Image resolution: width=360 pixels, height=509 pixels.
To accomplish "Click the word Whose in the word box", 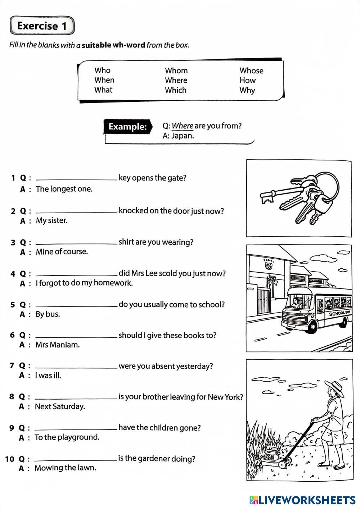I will (251, 71).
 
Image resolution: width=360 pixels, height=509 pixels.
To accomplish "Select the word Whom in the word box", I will (176, 71).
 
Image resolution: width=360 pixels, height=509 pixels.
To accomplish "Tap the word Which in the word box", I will (176, 90).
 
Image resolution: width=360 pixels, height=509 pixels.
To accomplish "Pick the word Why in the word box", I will (247, 90).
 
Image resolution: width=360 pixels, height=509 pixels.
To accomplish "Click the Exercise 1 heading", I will (42, 26).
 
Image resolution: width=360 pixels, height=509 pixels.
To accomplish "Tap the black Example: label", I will (127, 127).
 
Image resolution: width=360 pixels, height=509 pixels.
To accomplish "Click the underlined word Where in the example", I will (183, 126).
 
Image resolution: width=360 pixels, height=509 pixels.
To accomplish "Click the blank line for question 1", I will (76, 179).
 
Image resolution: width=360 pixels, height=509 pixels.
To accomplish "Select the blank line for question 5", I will (76, 305).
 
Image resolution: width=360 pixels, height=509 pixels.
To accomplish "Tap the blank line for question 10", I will (76, 460).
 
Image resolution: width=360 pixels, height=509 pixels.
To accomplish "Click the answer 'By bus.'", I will (48, 314).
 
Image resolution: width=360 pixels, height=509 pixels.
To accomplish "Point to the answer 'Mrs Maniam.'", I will (57, 345).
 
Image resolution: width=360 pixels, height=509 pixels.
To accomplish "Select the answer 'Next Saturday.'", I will (60, 406).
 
